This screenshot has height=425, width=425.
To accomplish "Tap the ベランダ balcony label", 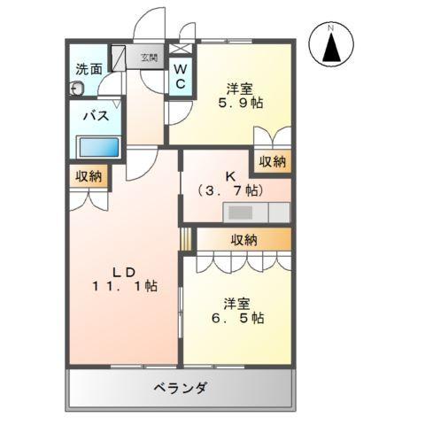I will tap(180, 388).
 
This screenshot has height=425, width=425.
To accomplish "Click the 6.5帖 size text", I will tap(236, 317).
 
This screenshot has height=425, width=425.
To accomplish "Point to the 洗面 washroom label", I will tap(89, 68).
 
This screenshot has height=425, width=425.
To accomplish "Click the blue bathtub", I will tap(97, 146).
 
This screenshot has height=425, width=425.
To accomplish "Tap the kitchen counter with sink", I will tap(256, 212).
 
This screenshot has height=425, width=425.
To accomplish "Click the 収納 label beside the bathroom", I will tap(89, 176).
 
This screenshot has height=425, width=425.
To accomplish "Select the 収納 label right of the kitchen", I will tap(273, 161).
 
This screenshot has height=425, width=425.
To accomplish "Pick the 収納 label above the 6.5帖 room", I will tap(243, 239).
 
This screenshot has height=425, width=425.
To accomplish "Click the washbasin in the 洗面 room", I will tap(77, 89).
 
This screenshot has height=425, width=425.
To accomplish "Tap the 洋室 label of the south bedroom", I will tap(236, 300).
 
